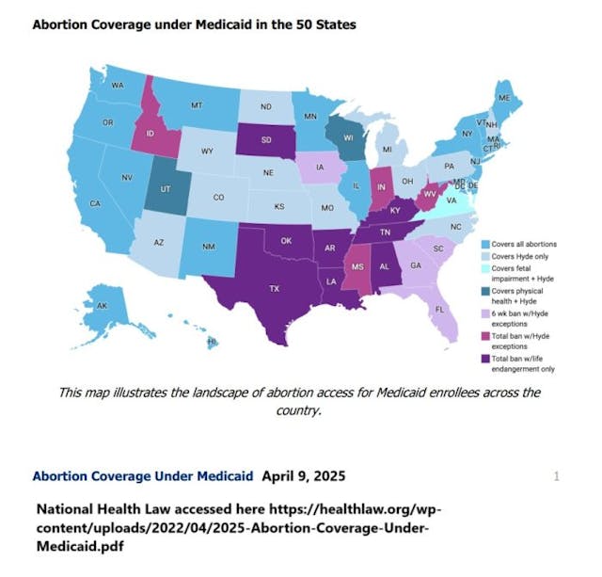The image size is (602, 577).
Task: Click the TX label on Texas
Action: coord(275,288)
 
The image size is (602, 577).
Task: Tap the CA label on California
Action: coord(95,203)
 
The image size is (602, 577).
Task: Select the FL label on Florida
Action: coord(439,308)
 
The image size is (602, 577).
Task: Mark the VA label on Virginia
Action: coord(451,200)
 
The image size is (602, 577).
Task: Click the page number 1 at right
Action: coord(556,476)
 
